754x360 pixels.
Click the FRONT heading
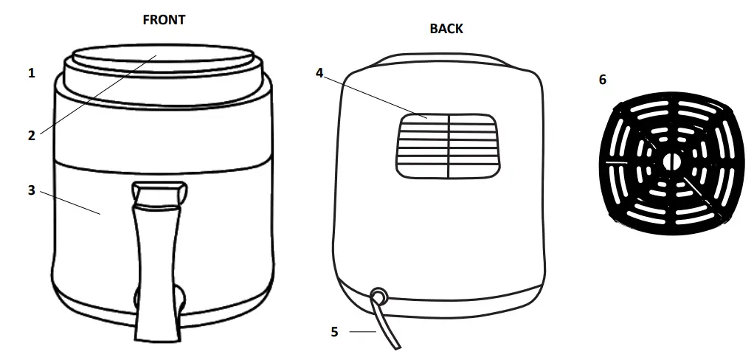[164, 20]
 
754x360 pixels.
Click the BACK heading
[446, 29]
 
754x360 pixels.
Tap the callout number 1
[32, 73]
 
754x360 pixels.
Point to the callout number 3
[32, 190]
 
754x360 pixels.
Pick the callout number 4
[319, 73]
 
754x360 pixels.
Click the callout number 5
[334, 332]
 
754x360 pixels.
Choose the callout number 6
[603, 80]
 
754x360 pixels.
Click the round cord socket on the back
[379, 296]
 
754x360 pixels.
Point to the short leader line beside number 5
[362, 332]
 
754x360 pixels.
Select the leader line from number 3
[70, 202]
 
